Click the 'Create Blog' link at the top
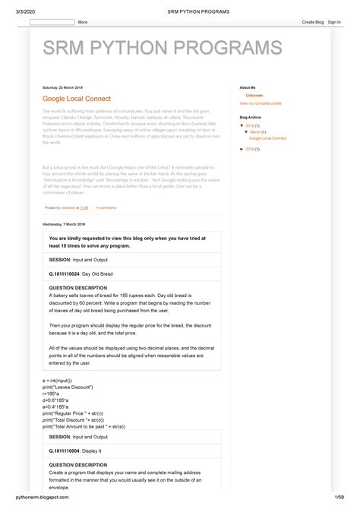pyautogui.click(x=312, y=23)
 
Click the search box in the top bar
pyautogui.click(x=52, y=23)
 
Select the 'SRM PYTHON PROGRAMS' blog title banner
pyautogui.click(x=162, y=49)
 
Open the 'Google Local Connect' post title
pyautogui.click(x=76, y=99)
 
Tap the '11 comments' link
pyautogui.click(x=105, y=207)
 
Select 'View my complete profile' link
pyautogui.click(x=261, y=103)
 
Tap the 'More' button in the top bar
pyautogui.click(x=82, y=23)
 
